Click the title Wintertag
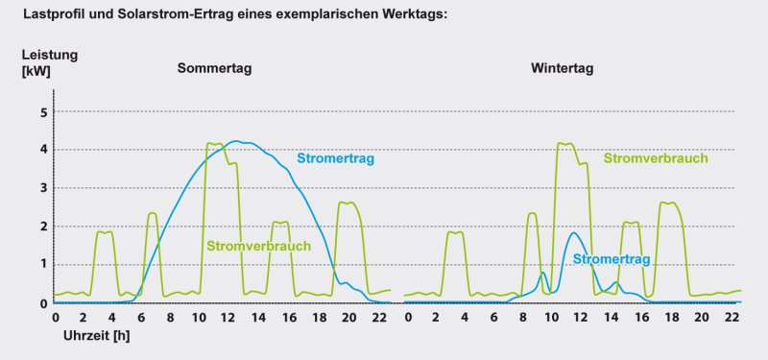pos(562,69)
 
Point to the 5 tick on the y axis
pos(42,112)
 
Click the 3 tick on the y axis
pos(42,188)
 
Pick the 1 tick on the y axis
pos(42,265)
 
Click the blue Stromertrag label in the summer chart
pos(335,158)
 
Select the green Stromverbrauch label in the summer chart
pos(258,247)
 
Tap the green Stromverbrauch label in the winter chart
pos(656,158)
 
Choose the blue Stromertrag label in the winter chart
pos(612,259)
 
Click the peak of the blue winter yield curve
pos(573,232)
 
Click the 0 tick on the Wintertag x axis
pos(405,316)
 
